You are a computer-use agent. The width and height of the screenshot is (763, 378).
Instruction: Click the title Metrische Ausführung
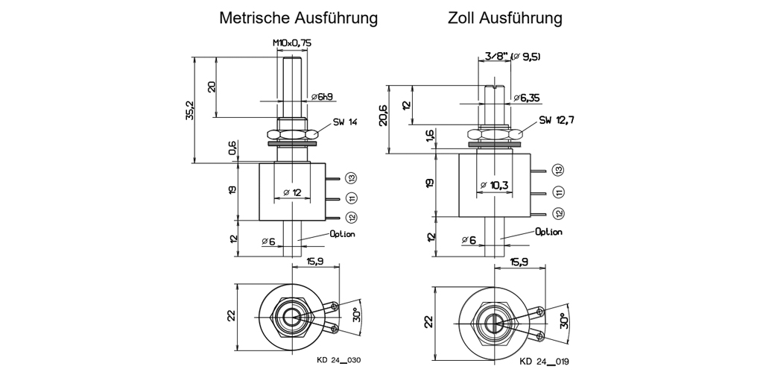[298, 17]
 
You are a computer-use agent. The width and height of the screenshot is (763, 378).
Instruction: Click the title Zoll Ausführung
[504, 17]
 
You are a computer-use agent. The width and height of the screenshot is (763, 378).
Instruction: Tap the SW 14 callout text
[345, 122]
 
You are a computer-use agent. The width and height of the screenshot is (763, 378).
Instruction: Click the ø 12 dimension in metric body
[291, 193]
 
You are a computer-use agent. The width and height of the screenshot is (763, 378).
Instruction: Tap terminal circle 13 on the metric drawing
[352, 177]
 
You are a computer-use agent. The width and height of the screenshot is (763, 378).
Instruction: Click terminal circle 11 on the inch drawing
[559, 192]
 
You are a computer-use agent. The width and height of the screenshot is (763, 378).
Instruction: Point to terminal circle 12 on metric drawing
[352, 218]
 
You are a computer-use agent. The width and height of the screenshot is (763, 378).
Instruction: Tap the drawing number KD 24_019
[545, 362]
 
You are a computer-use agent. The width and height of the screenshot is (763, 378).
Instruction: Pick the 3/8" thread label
[495, 57]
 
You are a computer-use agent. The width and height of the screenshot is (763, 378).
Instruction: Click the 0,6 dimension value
[232, 149]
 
